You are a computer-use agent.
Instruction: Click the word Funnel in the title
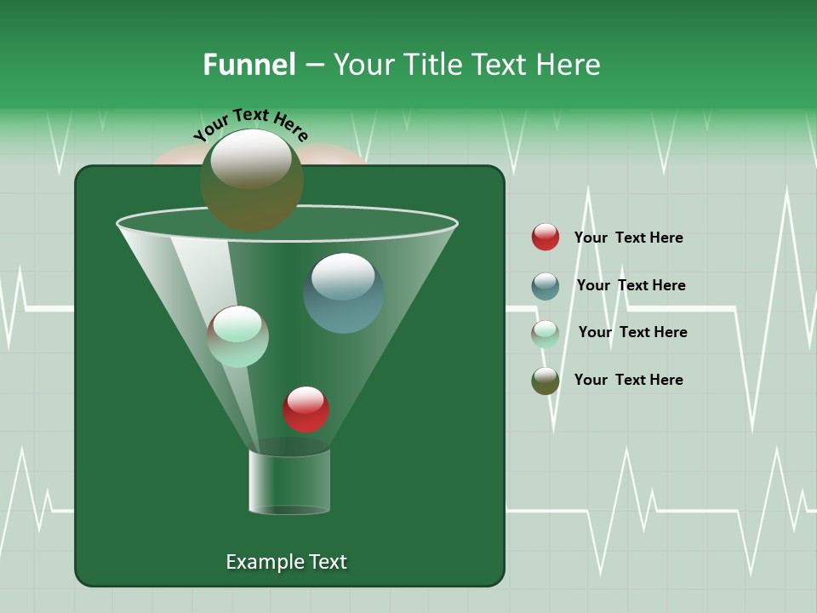[249, 65]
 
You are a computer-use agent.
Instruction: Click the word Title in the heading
[432, 65]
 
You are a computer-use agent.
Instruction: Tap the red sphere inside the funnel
[306, 410]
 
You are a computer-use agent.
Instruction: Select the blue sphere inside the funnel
[343, 293]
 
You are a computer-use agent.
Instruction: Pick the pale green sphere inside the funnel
[238, 336]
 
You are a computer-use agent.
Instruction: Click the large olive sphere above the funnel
[251, 180]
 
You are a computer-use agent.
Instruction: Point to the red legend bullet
[546, 238]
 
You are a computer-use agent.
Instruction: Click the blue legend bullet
[546, 286]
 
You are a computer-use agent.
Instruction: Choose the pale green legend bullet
[546, 334]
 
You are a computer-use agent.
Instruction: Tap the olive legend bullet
[546, 381]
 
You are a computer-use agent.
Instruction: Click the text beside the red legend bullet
[628, 238]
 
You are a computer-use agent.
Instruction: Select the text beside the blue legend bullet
[631, 285]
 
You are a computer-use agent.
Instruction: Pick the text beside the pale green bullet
[632, 332]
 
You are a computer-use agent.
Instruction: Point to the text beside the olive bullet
[628, 380]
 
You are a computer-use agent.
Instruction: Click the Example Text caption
[286, 562]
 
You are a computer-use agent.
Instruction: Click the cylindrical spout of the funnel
[289, 481]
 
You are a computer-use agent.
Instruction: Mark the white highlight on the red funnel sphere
[306, 398]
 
